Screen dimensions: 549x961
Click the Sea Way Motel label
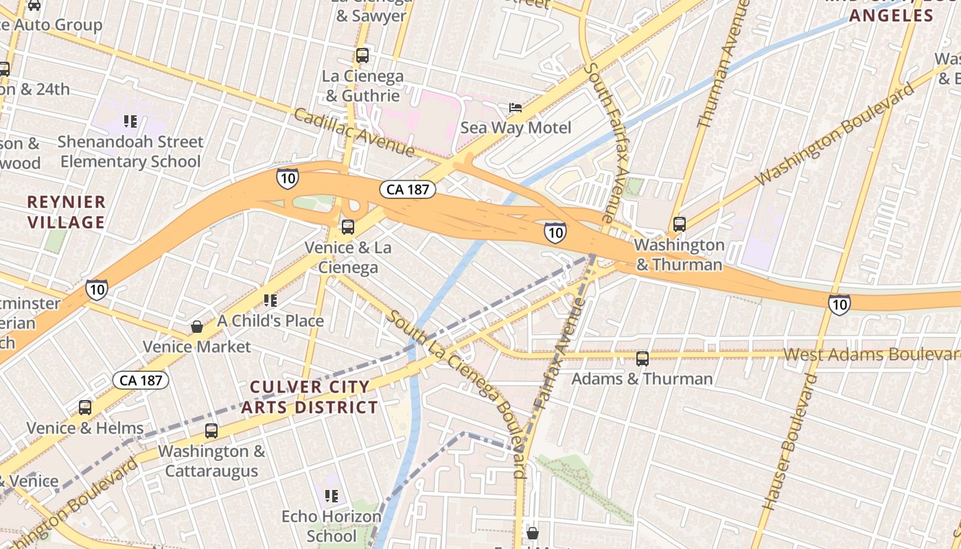[x=515, y=128]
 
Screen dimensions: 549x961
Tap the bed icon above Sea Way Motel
[x=515, y=108]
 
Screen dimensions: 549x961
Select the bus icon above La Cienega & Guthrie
[x=362, y=56]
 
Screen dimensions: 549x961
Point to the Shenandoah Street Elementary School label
[x=130, y=152]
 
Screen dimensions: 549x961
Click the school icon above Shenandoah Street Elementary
[x=130, y=121]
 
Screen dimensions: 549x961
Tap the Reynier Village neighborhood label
[x=67, y=212]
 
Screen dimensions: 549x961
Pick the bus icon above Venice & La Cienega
[x=348, y=227]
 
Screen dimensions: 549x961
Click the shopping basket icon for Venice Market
[x=197, y=327]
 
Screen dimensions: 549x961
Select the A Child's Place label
[x=270, y=320]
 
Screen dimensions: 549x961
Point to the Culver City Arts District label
[x=309, y=397]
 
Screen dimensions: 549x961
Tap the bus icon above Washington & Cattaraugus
[x=211, y=431]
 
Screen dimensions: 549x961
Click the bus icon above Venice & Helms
[x=85, y=408]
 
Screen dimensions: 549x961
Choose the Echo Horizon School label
[x=332, y=526]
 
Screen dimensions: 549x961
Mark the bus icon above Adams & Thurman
[x=642, y=358]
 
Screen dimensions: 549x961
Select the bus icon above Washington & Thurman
[x=680, y=224]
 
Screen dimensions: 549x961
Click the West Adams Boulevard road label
[x=872, y=355]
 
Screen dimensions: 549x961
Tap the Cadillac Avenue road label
[x=354, y=131]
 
